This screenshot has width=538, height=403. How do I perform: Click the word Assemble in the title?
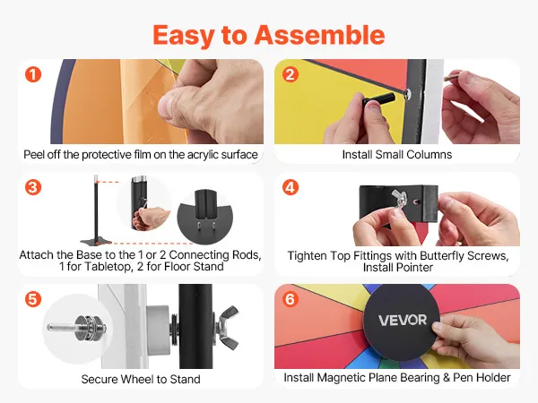pos(319,35)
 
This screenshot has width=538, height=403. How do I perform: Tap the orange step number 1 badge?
pos(33,74)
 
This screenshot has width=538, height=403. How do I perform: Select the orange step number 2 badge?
pos(291,74)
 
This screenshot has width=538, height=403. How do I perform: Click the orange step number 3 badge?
pos(33,187)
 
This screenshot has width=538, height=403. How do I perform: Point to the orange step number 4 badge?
pos(291,187)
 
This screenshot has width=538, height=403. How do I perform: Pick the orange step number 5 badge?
pos(33,299)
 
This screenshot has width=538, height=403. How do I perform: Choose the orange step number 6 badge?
pos(291,299)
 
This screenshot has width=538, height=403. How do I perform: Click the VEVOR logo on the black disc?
pos(403,320)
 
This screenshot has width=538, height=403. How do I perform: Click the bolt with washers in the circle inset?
pos(77,328)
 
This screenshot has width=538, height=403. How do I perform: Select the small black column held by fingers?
pos(379,99)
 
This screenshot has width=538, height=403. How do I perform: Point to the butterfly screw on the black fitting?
pos(400,199)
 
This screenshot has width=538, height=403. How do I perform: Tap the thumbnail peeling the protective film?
pos(141,101)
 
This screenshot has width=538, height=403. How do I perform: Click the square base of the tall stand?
pos(96,241)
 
